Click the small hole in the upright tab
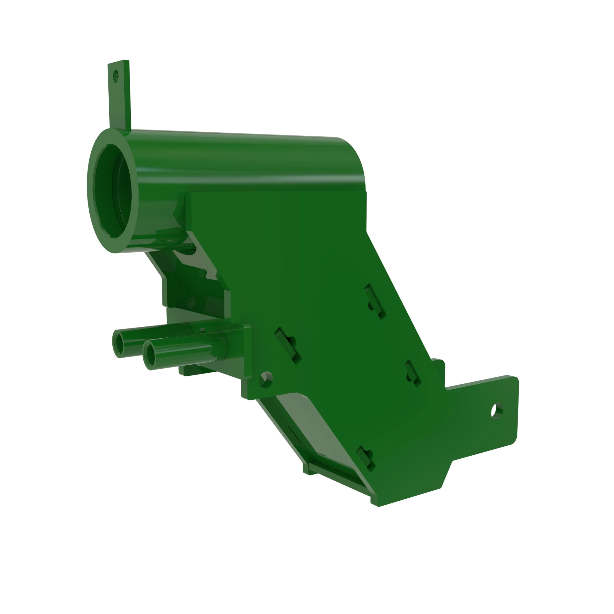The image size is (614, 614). pos(115,76)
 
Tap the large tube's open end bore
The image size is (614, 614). pos(112,191)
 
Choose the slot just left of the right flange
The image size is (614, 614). pos(414,374)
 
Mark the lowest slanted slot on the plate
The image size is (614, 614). pos(365,458)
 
